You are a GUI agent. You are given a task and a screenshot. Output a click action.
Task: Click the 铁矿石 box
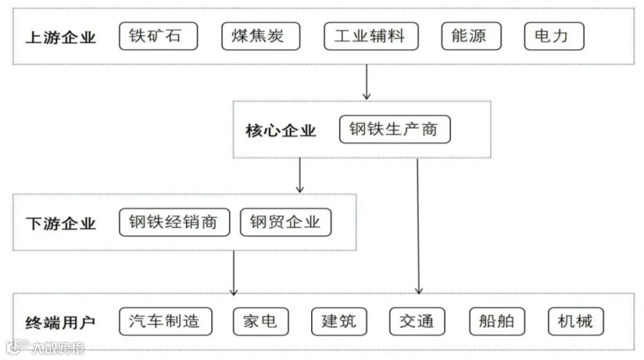158,37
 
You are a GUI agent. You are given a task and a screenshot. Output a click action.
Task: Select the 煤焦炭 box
260,37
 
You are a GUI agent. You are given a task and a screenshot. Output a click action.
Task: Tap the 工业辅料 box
371,37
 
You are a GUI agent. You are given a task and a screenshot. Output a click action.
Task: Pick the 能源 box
472,37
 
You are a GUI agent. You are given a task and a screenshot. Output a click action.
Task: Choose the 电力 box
554,37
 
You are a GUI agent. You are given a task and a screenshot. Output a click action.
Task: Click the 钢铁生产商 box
395,129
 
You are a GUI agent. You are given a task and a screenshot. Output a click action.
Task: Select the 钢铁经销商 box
175,223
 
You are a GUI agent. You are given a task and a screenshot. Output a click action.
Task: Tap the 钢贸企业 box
286,223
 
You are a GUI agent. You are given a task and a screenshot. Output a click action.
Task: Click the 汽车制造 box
165,321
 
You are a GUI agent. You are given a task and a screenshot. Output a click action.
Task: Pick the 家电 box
260,321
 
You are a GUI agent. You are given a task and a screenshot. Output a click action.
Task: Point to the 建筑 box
339,321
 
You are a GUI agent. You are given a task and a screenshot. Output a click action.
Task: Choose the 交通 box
417,321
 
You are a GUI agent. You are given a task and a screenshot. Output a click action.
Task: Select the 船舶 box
497,321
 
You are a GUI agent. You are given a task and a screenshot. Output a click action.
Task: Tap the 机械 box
576,321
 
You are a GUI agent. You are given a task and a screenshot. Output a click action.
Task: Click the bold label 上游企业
61,37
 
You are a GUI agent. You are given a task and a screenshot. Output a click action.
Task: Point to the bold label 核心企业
281,131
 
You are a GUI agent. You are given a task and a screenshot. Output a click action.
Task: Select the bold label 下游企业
61,224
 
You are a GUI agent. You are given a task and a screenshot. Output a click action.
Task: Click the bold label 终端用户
60,323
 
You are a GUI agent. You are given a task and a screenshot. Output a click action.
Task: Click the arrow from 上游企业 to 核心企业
367,82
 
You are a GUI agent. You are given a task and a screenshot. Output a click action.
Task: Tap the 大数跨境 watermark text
58,348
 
